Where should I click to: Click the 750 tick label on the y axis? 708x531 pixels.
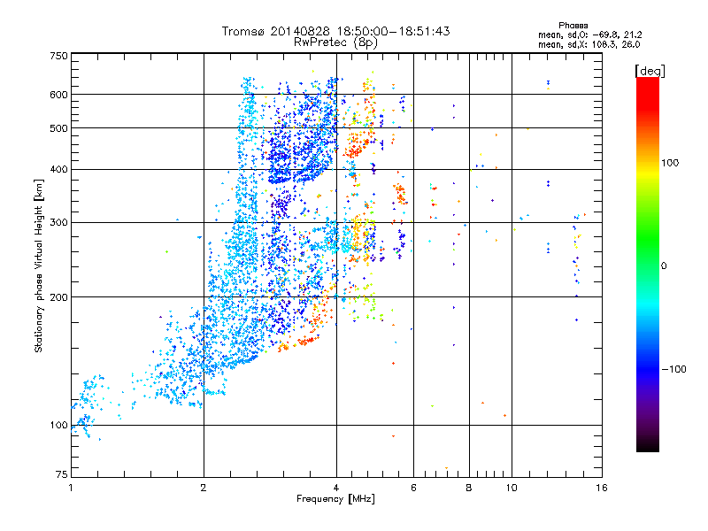pyautogui.click(x=59, y=56)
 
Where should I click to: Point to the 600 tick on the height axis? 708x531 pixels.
pyautogui.click(x=59, y=95)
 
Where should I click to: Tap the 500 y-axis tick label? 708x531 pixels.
pyautogui.click(x=59, y=128)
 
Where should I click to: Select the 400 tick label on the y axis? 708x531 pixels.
pyautogui.click(x=59, y=169)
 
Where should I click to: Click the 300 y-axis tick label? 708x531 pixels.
pyautogui.click(x=59, y=222)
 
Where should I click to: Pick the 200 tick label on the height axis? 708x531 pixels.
pyautogui.click(x=59, y=297)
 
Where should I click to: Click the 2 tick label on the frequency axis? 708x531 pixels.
pyautogui.click(x=204, y=488)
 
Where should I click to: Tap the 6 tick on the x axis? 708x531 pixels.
pyautogui.click(x=414, y=488)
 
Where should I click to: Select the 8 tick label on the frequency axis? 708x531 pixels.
pyautogui.click(x=469, y=488)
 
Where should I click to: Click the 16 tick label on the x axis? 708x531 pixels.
pyautogui.click(x=601, y=488)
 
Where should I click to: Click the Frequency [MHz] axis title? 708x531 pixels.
pyautogui.click(x=335, y=499)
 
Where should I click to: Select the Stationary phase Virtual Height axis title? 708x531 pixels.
pyautogui.click(x=39, y=265)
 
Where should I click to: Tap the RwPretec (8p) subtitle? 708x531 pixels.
pyautogui.click(x=335, y=42)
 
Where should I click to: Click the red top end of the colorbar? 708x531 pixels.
pyautogui.click(x=647, y=82)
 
